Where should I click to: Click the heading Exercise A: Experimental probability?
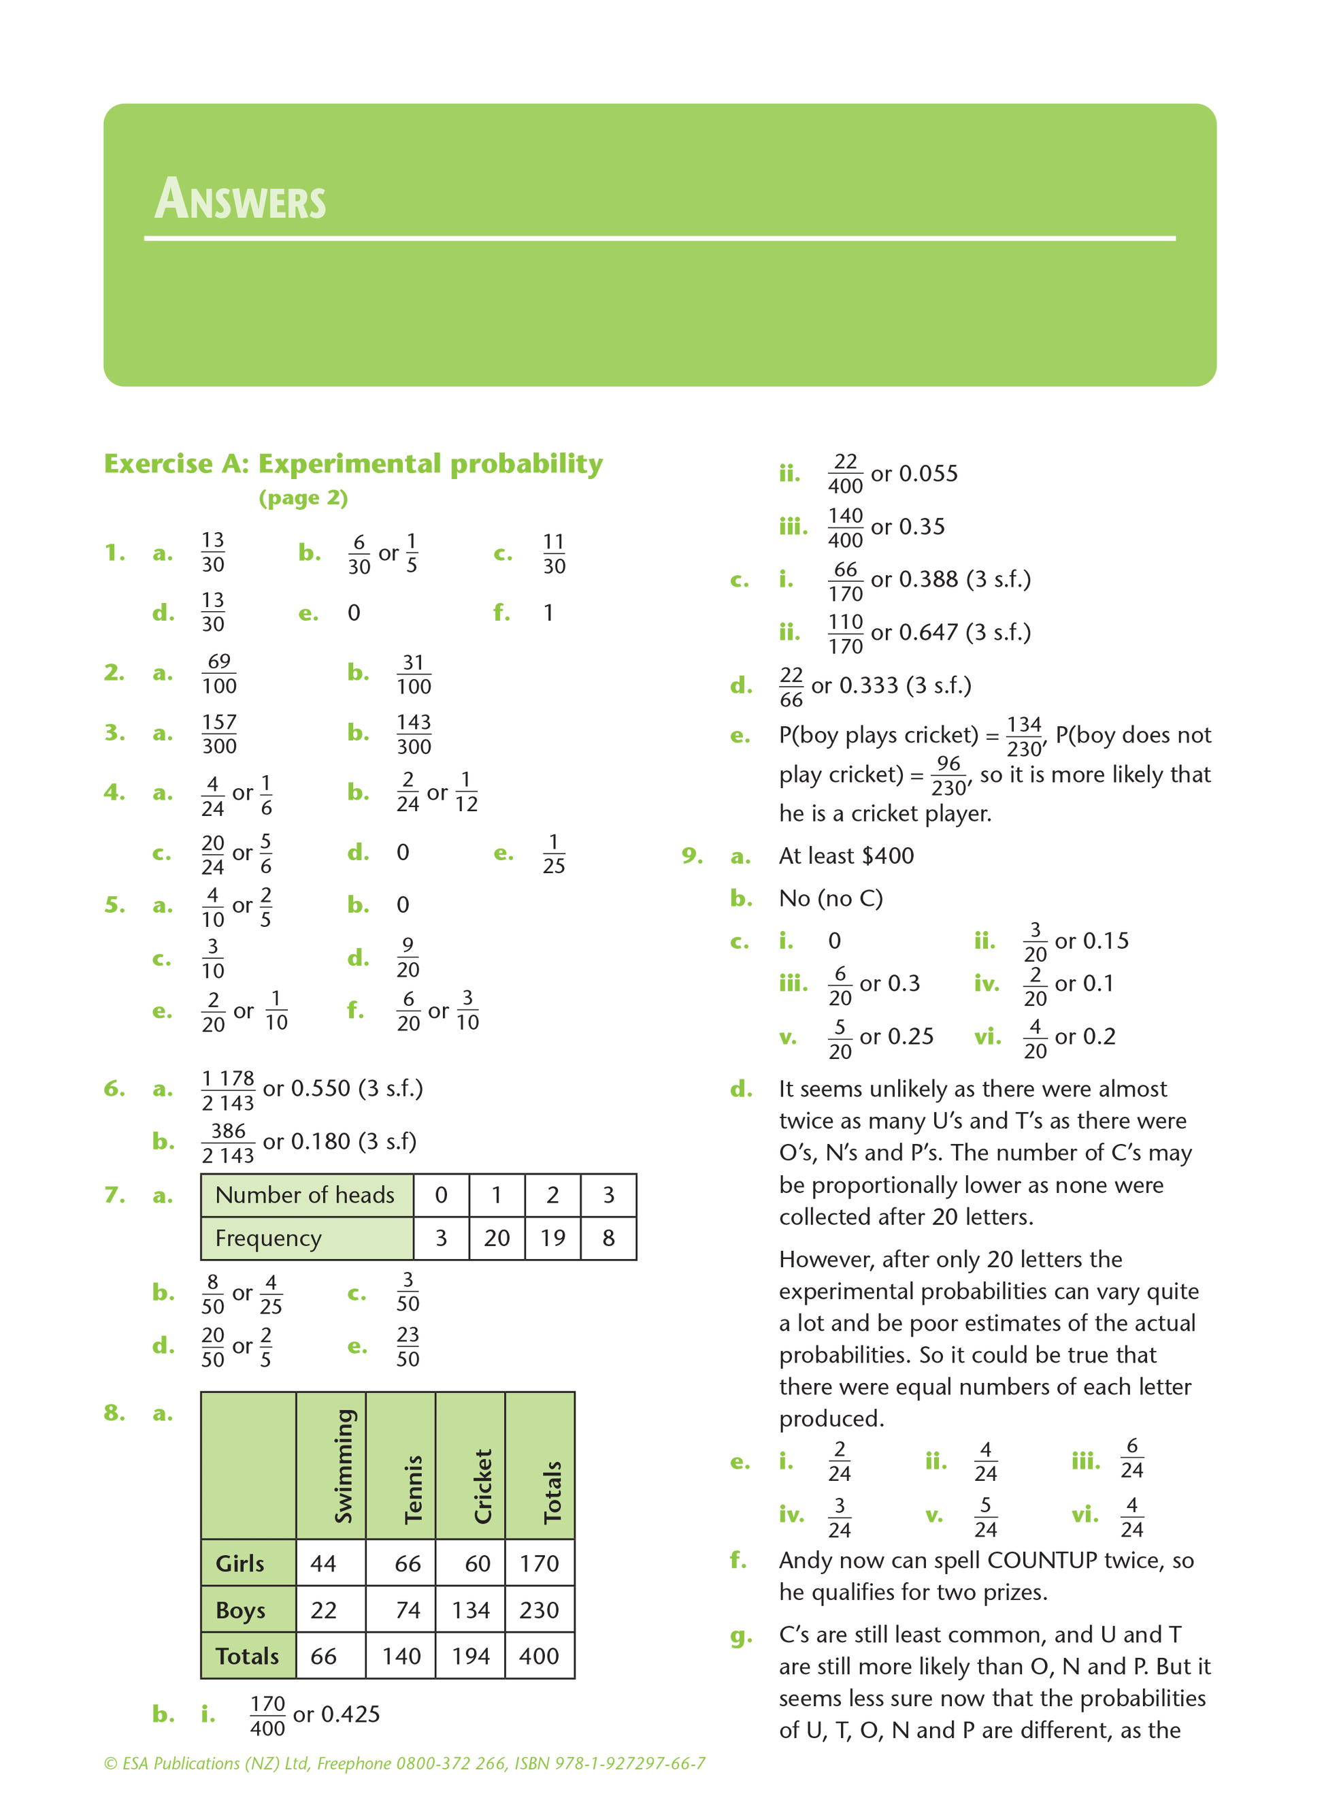click(352, 463)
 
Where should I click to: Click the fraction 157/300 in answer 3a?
click(219, 734)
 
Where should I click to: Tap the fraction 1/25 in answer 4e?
click(553, 853)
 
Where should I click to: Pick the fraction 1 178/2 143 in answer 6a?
click(228, 1090)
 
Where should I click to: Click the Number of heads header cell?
click(305, 1195)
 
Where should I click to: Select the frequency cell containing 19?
click(552, 1239)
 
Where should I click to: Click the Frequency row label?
click(269, 1239)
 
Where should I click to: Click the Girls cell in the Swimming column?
click(324, 1563)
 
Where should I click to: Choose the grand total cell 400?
click(539, 1656)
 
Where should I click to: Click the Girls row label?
click(240, 1563)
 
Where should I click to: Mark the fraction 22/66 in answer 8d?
click(791, 687)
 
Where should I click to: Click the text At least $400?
click(846, 856)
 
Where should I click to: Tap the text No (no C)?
click(830, 898)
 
